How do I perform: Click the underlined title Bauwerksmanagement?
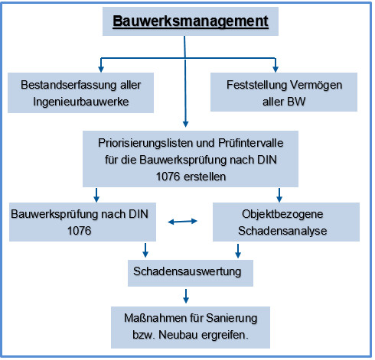191,21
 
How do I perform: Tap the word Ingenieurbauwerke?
81,102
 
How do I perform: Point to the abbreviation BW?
296,102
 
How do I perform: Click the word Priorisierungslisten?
145,143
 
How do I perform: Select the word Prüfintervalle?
251,143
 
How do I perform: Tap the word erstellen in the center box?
204,177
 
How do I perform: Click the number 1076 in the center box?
168,177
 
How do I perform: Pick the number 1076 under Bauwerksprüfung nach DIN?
79,231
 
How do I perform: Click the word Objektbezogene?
282,214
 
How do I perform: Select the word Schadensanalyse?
282,231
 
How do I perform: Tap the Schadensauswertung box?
191,273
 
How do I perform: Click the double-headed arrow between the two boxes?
182,222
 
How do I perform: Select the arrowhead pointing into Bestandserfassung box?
101,69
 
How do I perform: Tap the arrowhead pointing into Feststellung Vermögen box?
276,69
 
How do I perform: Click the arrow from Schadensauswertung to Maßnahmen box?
186,296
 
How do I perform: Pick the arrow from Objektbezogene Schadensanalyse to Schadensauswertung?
238,251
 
